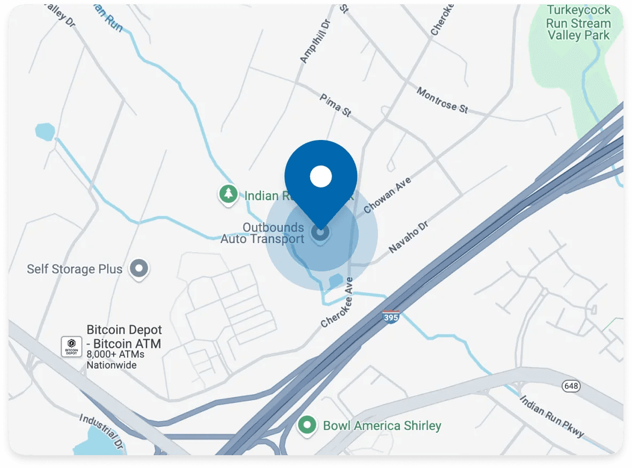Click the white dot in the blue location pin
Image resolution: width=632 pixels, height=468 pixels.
point(321,176)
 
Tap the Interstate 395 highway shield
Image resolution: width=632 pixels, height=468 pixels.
point(391,316)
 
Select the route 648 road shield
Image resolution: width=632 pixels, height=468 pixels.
point(570,386)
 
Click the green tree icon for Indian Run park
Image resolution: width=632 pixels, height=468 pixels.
point(228,194)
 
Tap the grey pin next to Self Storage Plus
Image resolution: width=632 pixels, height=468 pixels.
point(139,268)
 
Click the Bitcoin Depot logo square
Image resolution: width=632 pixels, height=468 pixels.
point(72,346)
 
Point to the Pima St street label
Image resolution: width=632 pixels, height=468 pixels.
point(335,105)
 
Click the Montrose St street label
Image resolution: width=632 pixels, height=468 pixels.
point(442,100)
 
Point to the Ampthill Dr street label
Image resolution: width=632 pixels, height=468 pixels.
point(313,42)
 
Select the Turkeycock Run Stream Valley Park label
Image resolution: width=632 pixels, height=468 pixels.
point(578,24)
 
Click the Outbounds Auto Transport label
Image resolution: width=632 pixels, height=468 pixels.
point(263,233)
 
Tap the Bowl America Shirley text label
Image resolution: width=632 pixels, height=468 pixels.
point(382,426)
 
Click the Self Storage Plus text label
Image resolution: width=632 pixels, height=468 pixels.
point(75,269)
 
